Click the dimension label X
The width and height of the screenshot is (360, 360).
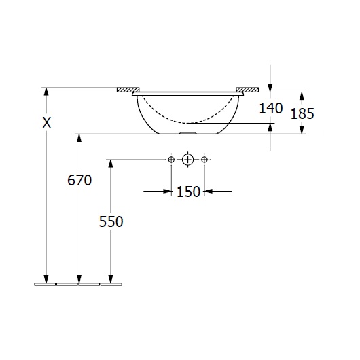(x=47, y=122)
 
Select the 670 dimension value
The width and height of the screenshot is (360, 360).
(x=79, y=180)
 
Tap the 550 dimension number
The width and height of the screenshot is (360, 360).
(x=111, y=221)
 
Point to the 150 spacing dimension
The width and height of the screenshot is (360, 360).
(x=189, y=192)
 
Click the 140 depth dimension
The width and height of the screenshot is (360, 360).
(x=271, y=108)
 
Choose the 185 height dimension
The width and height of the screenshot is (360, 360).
(x=302, y=113)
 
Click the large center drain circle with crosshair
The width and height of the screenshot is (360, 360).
(x=187, y=160)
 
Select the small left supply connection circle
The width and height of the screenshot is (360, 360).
(x=171, y=160)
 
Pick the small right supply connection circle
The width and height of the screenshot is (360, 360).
(x=204, y=160)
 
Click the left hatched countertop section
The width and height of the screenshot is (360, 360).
(x=128, y=90)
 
